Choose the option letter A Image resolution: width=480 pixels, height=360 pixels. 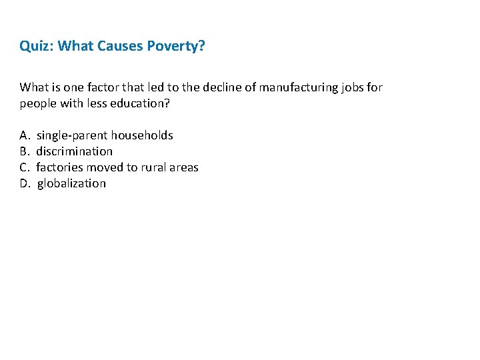point(24,135)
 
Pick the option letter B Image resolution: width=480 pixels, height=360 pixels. point(24,151)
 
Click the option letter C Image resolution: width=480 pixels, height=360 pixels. point(24,167)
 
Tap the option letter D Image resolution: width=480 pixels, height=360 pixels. point(25,183)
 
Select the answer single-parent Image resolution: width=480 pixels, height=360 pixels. point(72,135)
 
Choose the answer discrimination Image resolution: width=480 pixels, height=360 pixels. point(75,151)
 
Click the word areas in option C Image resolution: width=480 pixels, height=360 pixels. point(184,167)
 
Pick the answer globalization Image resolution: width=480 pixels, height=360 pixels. point(71,183)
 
